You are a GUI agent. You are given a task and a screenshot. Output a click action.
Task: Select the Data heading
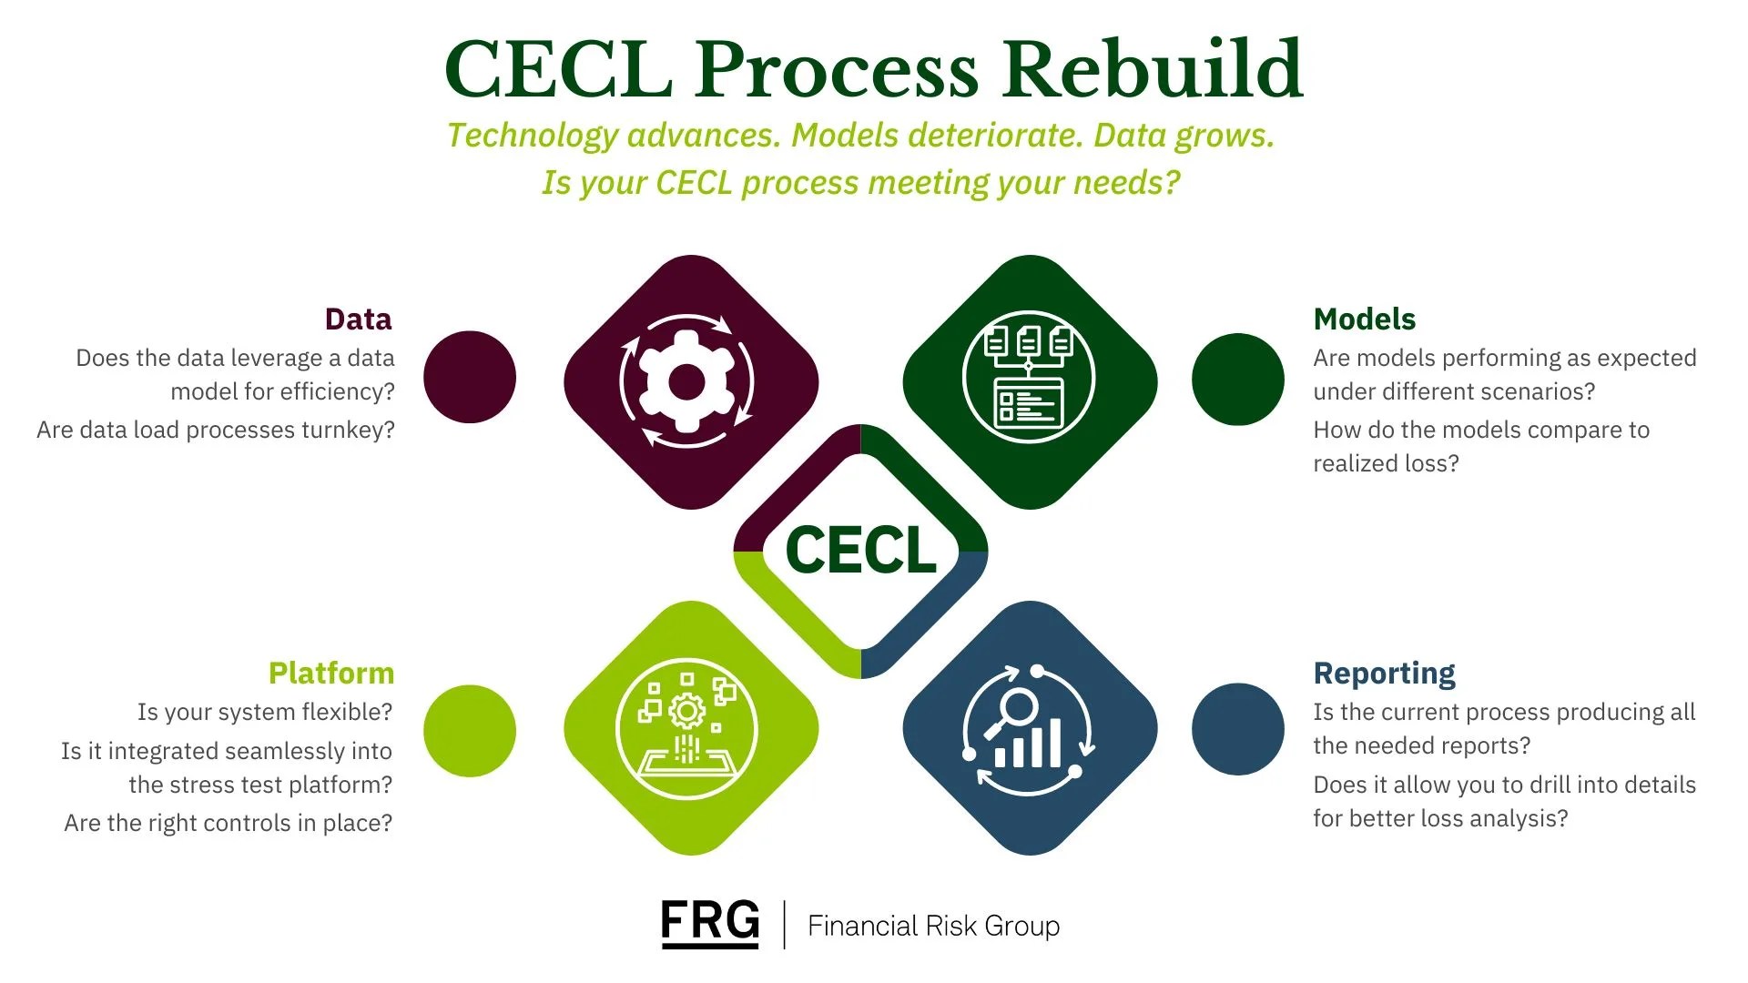click(x=358, y=319)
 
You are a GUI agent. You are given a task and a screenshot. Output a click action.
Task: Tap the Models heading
click(x=1364, y=319)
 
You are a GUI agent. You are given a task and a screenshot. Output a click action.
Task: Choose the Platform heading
click(x=330, y=674)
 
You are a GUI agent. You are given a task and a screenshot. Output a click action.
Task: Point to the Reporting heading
click(x=1384, y=674)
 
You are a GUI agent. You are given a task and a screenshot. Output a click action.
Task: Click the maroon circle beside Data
click(x=470, y=377)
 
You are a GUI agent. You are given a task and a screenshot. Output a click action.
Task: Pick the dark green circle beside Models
click(x=1237, y=379)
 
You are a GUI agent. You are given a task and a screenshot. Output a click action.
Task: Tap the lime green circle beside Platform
click(x=470, y=731)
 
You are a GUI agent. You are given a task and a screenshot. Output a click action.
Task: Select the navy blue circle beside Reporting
click(x=1237, y=729)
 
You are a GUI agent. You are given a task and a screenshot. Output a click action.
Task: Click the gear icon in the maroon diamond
click(x=686, y=381)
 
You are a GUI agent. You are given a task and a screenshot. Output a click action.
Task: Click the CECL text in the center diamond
click(x=860, y=551)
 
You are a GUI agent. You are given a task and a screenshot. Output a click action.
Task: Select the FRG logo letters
click(x=709, y=921)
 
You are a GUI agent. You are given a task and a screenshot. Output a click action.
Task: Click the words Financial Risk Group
click(x=933, y=926)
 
